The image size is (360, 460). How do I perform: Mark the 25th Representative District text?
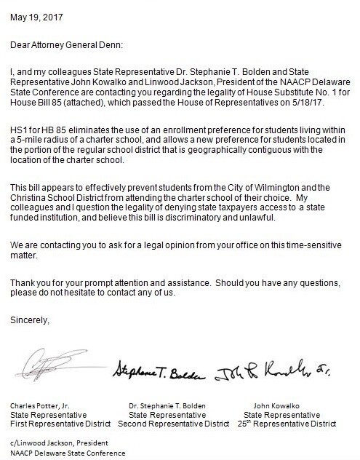(286, 423)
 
